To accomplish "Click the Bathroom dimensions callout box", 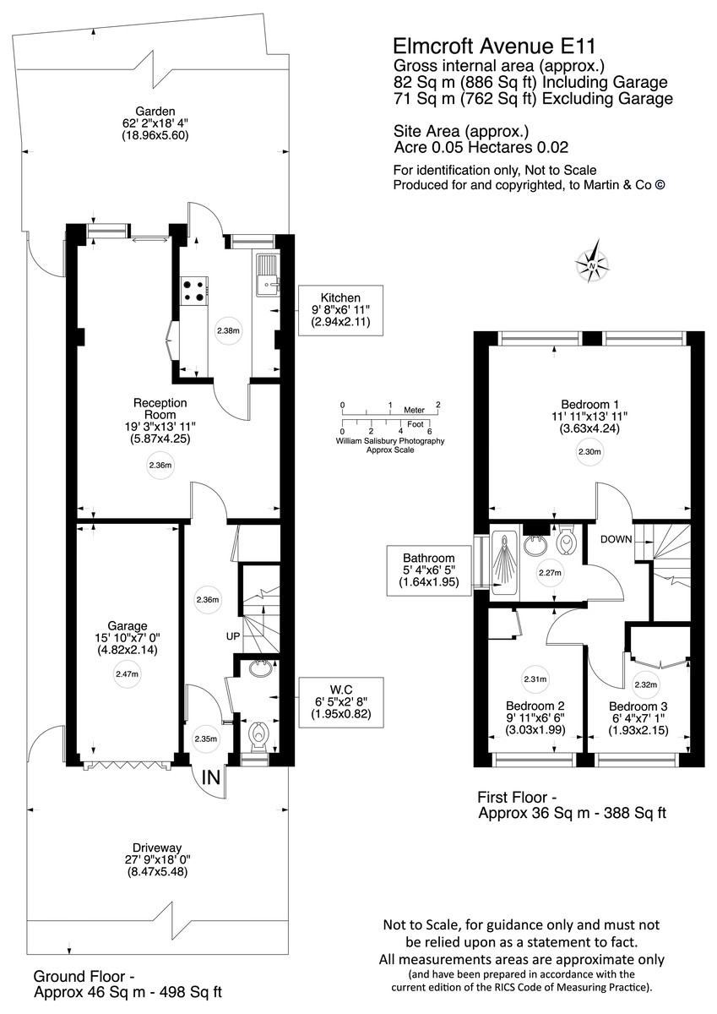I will (x=428, y=571).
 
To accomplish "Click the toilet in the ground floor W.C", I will (x=258, y=734).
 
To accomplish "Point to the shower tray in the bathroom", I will (x=510, y=565).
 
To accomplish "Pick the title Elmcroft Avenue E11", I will (x=487, y=46).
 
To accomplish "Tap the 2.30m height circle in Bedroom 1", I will (x=589, y=452).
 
